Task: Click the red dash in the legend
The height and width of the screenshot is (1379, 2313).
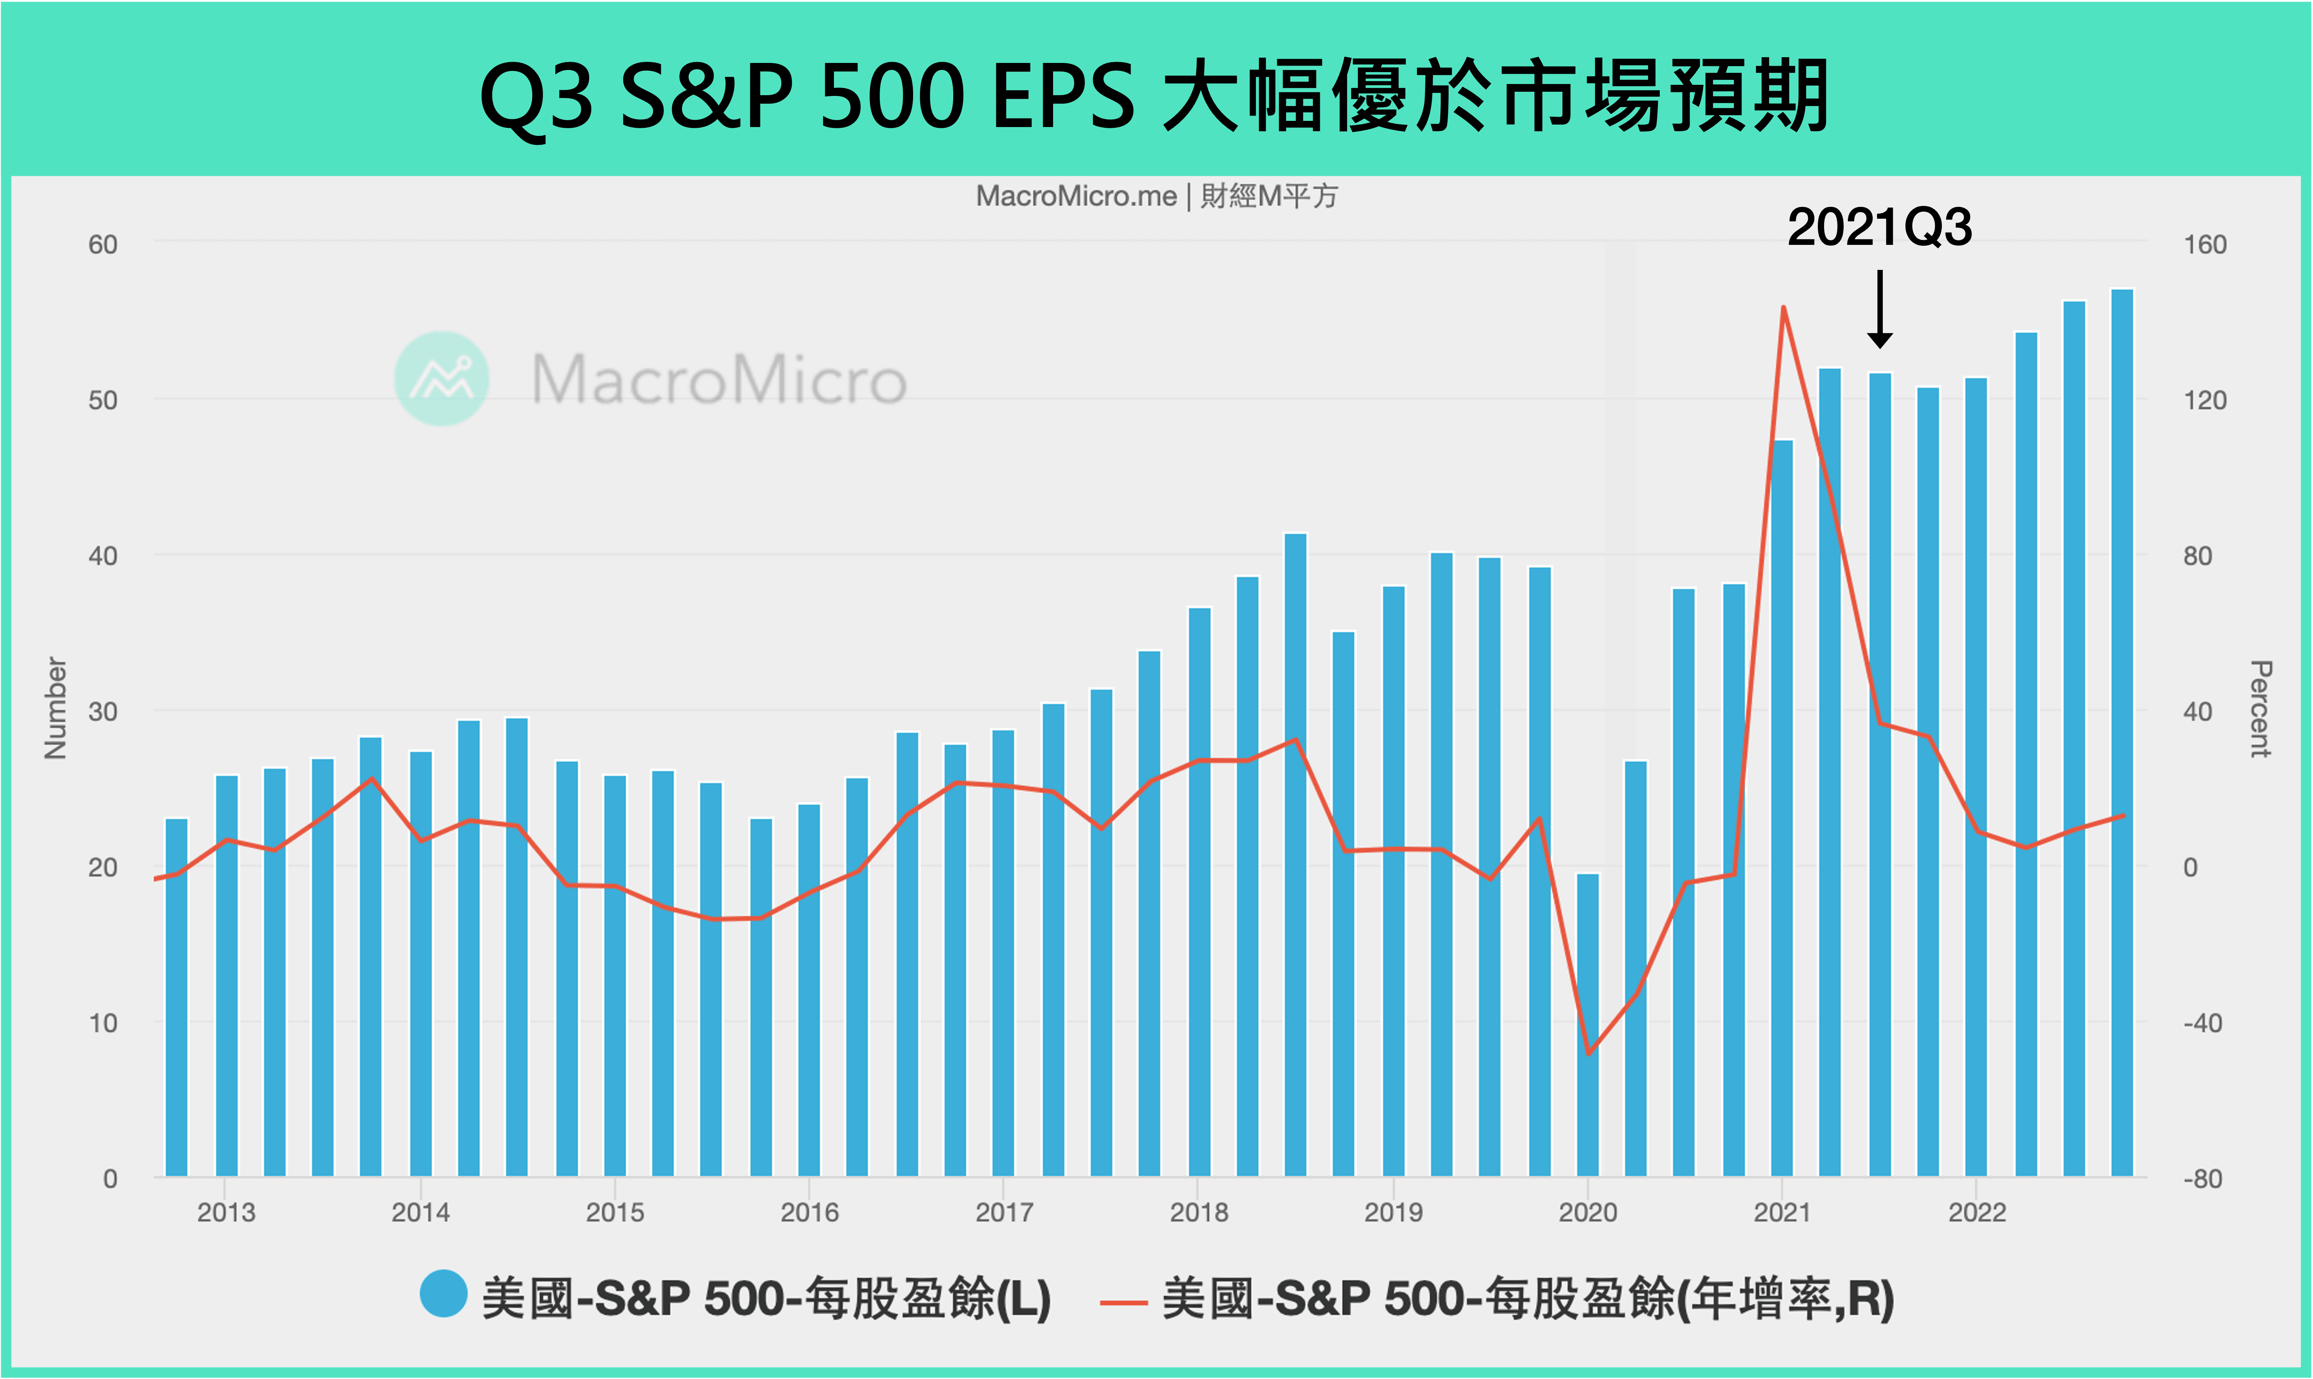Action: point(1123,1302)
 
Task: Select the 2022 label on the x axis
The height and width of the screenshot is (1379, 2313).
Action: point(1977,1213)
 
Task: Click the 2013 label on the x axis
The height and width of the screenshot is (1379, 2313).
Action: point(226,1213)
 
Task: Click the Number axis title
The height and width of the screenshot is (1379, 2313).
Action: point(56,708)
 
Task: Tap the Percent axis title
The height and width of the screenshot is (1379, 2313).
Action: point(2260,708)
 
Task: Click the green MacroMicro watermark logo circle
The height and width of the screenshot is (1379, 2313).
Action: point(442,378)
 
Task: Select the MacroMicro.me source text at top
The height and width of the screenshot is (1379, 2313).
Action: point(1076,196)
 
